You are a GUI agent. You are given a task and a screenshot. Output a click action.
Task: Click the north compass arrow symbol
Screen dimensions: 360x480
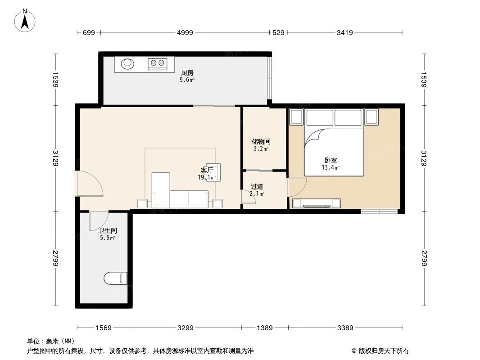26,20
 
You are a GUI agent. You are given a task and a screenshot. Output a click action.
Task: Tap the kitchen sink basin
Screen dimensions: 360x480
127,63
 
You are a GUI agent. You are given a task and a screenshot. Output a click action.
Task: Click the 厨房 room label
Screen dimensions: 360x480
187,72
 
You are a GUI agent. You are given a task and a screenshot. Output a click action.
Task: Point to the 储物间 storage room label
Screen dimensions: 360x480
261,141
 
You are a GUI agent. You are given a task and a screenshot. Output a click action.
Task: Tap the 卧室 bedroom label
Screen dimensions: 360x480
331,160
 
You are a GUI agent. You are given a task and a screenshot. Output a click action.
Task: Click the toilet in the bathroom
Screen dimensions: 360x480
116,279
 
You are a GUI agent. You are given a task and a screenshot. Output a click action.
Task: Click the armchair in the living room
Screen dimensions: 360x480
213,172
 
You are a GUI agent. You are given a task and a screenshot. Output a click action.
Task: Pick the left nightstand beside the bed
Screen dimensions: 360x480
297,117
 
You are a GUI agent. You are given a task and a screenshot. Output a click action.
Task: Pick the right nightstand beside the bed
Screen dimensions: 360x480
372,117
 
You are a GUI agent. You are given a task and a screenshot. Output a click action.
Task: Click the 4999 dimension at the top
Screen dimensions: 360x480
185,32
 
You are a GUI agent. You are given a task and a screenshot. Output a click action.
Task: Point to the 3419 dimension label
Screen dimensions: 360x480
344,32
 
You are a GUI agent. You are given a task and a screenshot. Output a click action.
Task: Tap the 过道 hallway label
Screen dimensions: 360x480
257,186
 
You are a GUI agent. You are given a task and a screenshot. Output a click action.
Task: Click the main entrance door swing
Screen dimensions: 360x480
90,184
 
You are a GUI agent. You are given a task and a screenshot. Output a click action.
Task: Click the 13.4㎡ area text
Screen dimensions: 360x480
331,168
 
